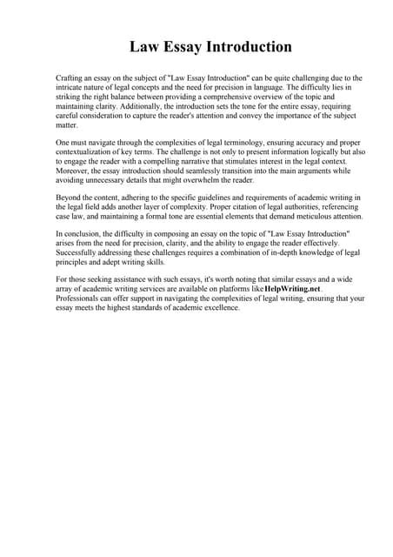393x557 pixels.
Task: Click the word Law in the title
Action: [x=144, y=47]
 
